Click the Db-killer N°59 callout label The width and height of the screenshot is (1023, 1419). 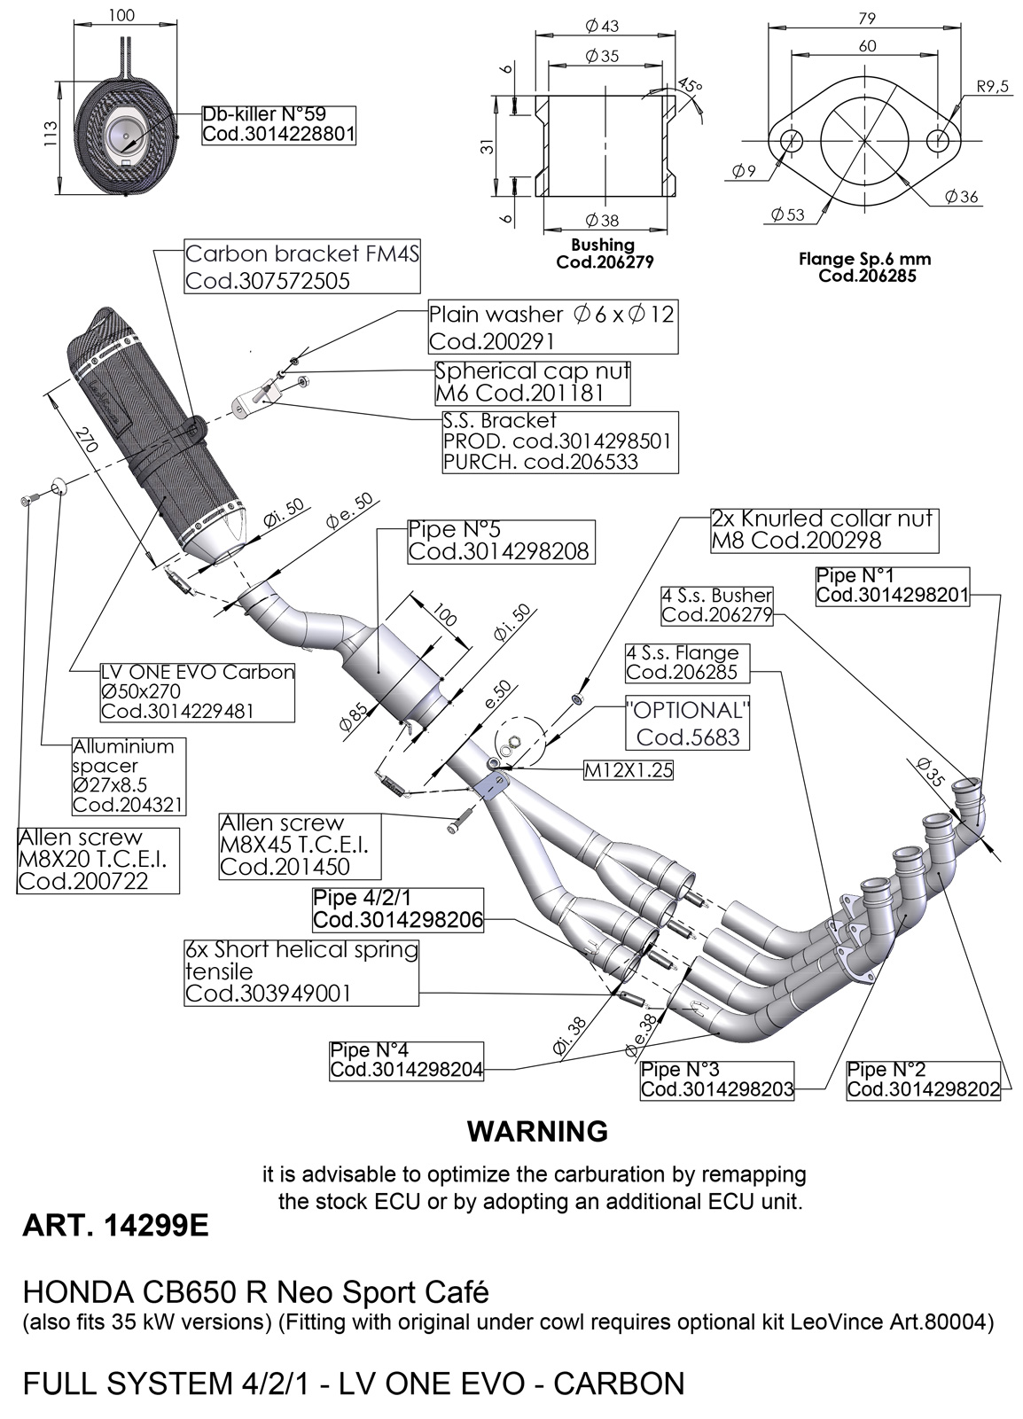click(278, 125)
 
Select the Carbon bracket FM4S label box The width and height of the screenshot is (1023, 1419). click(301, 267)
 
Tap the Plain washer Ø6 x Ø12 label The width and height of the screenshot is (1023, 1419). click(551, 327)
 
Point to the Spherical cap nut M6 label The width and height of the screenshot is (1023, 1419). click(532, 382)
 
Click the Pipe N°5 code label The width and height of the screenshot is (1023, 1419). click(498, 541)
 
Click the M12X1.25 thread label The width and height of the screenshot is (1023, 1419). click(628, 770)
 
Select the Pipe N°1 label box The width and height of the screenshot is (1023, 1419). click(892, 585)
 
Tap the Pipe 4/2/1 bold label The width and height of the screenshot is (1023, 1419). click(398, 909)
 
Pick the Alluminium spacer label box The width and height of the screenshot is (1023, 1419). click(129, 775)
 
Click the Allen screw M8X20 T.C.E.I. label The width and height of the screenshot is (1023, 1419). click(98, 859)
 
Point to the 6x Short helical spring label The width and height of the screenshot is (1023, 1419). click(301, 971)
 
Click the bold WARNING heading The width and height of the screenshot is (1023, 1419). click(537, 1132)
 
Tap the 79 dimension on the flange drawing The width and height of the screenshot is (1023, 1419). click(868, 18)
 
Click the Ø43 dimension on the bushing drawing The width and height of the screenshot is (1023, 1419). click(603, 26)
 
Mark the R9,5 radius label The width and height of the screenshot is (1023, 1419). click(993, 87)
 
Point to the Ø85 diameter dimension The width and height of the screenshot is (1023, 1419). click(351, 717)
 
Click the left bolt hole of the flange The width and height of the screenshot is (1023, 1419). click(792, 139)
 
